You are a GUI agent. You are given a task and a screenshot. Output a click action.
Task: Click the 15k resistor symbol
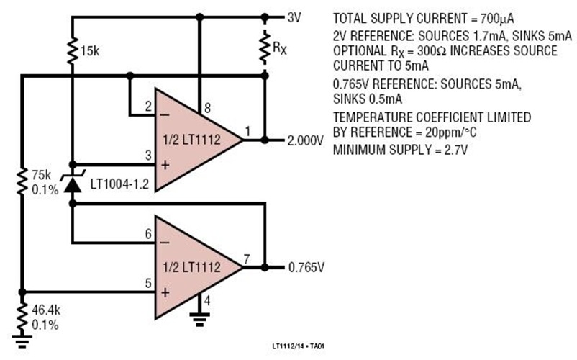(x=71, y=51)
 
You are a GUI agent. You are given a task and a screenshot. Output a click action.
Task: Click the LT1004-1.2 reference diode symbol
(x=71, y=184)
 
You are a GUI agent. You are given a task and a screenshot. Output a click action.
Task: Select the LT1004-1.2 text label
(x=119, y=185)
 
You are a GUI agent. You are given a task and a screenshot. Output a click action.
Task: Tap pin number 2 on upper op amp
(x=149, y=107)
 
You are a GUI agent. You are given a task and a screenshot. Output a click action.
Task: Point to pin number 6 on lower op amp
(x=149, y=233)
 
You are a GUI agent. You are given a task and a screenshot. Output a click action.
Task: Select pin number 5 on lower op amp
(x=149, y=282)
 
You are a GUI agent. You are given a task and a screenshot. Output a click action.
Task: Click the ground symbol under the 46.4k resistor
(x=23, y=343)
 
